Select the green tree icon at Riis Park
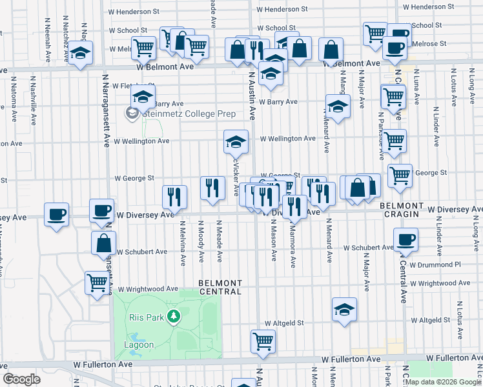[172, 316]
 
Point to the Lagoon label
[139, 344]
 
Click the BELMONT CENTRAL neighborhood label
[220, 287]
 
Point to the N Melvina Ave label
[183, 243]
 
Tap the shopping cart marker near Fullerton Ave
[263, 341]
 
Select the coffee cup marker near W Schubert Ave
[406, 240]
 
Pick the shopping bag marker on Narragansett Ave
[103, 244]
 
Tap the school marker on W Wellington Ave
[236, 141]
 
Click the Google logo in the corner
[21, 379]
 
